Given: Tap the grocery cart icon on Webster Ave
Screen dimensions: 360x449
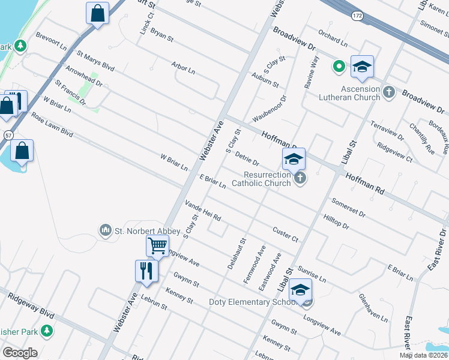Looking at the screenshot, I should tap(157, 245).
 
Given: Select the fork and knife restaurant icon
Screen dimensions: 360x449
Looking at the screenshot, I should tap(146, 271).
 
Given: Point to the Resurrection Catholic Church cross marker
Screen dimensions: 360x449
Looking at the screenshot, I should tap(299, 178).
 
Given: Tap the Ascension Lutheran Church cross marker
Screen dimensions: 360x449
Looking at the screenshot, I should tap(389, 92).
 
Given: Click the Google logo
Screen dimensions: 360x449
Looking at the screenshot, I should tap(20, 352).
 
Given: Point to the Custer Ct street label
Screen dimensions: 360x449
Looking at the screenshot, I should tap(285, 234).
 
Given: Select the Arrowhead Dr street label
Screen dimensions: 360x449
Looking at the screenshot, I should tap(83, 76).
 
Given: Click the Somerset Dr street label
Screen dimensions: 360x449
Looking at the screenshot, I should tap(348, 208).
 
